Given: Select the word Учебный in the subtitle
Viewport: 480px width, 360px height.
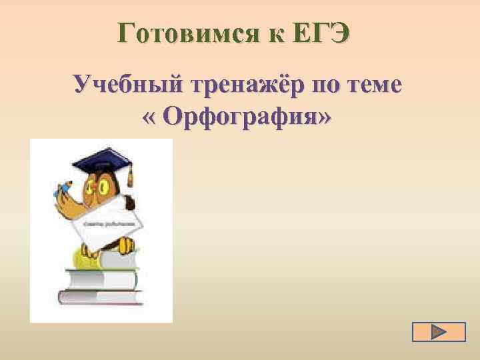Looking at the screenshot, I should [129, 86].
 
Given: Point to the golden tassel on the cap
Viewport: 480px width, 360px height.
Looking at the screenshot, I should [130, 176].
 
